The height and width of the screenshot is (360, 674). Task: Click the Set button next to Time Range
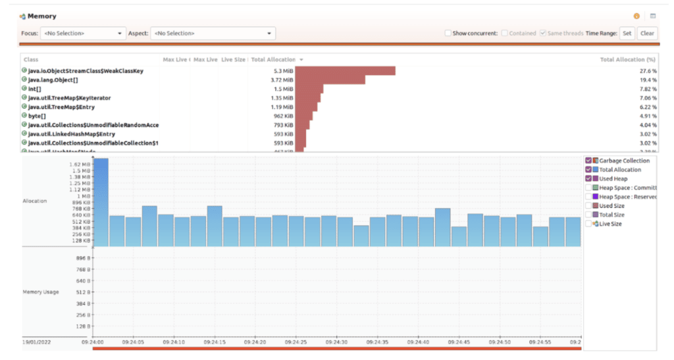pyautogui.click(x=627, y=33)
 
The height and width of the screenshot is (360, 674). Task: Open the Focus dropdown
pyautogui.click(x=82, y=33)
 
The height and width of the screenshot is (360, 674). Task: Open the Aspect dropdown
pyautogui.click(x=213, y=33)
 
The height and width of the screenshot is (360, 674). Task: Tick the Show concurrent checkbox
pyautogui.click(x=448, y=33)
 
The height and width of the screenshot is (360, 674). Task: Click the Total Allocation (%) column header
pyautogui.click(x=628, y=59)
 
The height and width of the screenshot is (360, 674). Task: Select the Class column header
pyautogui.click(x=31, y=59)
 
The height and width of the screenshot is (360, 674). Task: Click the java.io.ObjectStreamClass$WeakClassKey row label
pyautogui.click(x=86, y=70)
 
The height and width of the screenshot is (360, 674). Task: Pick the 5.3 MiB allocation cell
pyautogui.click(x=282, y=70)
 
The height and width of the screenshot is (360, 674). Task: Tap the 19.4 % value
pyautogui.click(x=648, y=80)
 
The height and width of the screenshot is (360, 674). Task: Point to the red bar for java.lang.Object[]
pyautogui.click(x=330, y=80)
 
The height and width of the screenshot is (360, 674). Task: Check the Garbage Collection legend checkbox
pyautogui.click(x=588, y=161)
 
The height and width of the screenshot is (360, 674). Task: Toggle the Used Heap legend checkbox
pyautogui.click(x=588, y=179)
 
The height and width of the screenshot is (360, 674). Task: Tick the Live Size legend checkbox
pyautogui.click(x=588, y=224)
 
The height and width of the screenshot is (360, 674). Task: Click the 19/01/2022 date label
pyautogui.click(x=36, y=342)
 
